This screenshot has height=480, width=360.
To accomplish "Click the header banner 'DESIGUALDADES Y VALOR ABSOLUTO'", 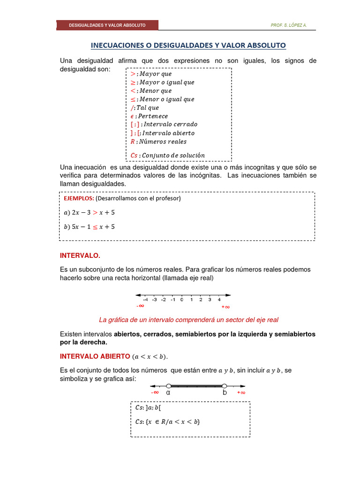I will pyautogui.click(x=107, y=25).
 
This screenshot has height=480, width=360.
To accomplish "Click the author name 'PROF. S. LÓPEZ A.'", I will pyautogui.click(x=289, y=25).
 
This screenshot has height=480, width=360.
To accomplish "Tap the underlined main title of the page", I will pyautogui.click(x=188, y=45).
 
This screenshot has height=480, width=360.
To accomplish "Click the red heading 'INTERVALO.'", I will pyautogui.click(x=80, y=255).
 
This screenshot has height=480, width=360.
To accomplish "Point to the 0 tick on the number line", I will pyautogui.click(x=182, y=299).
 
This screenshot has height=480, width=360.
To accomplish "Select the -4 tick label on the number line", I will pyautogui.click(x=145, y=300).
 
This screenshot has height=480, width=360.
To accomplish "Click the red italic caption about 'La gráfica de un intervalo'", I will pyautogui.click(x=188, y=320).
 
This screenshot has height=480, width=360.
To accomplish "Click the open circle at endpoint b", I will pyautogui.click(x=225, y=386).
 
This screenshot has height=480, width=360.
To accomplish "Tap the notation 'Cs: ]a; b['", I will pyautogui.click(x=148, y=408).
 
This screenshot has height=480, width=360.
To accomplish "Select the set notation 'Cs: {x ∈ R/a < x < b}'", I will pyautogui.click(x=167, y=421).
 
